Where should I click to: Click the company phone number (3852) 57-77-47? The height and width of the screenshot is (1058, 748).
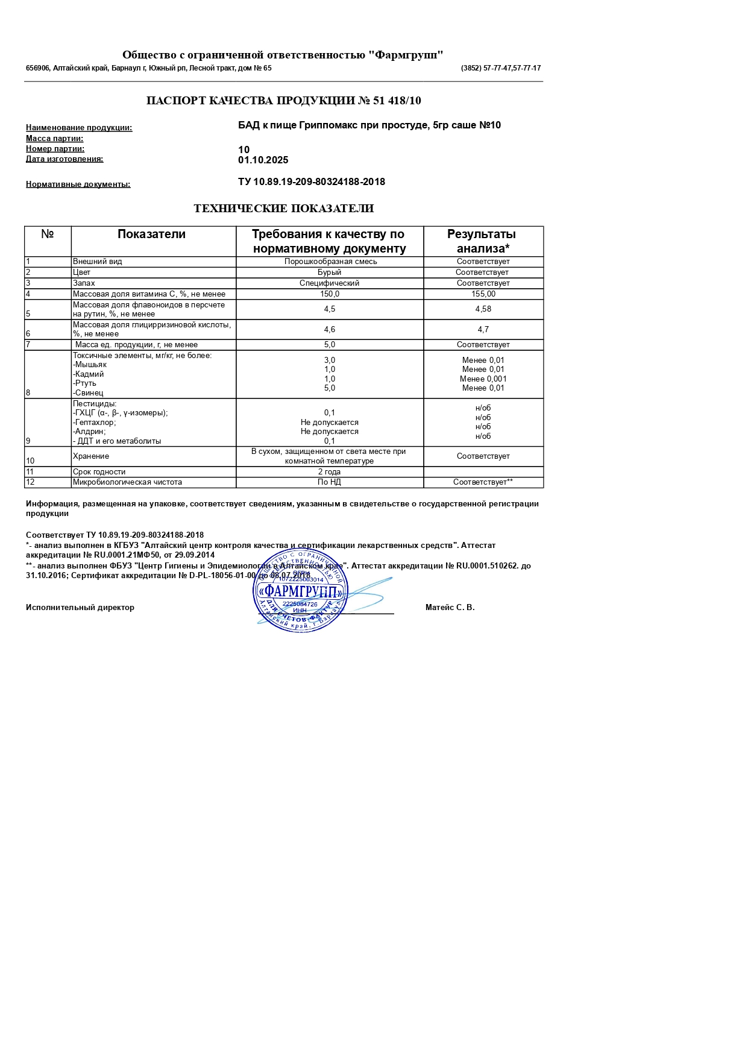point(500,68)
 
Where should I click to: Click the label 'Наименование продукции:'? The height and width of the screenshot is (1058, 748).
point(79,128)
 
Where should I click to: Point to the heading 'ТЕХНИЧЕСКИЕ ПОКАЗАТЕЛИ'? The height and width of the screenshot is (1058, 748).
point(283,209)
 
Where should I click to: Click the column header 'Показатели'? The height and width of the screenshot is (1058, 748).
point(151,235)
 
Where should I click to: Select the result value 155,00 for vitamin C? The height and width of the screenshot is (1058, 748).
point(483,294)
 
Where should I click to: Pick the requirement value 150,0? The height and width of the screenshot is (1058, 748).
point(330,294)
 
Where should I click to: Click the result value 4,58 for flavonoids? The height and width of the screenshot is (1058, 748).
point(483,309)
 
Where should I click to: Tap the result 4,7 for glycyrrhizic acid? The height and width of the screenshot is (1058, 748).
point(483,330)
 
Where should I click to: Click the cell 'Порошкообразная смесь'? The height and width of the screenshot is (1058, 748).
point(330,262)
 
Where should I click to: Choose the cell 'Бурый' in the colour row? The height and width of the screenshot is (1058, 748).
point(330,272)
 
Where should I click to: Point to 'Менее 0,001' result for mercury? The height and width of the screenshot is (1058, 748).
point(483,379)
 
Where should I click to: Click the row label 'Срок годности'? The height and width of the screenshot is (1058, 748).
point(99,472)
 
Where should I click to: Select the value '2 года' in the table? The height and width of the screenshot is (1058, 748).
point(330,472)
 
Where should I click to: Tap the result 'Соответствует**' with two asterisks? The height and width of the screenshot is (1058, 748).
point(483,482)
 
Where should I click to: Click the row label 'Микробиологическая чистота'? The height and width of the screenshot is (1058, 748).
point(127,482)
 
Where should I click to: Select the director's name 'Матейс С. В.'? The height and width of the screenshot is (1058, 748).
point(450,608)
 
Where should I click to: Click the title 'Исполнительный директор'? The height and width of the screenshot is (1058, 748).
point(80,608)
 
